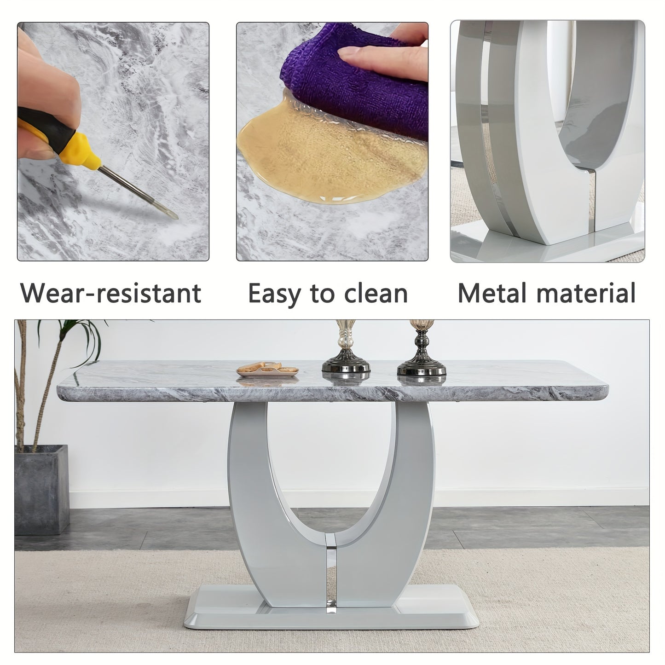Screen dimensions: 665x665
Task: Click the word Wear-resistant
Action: click(x=110, y=293)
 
